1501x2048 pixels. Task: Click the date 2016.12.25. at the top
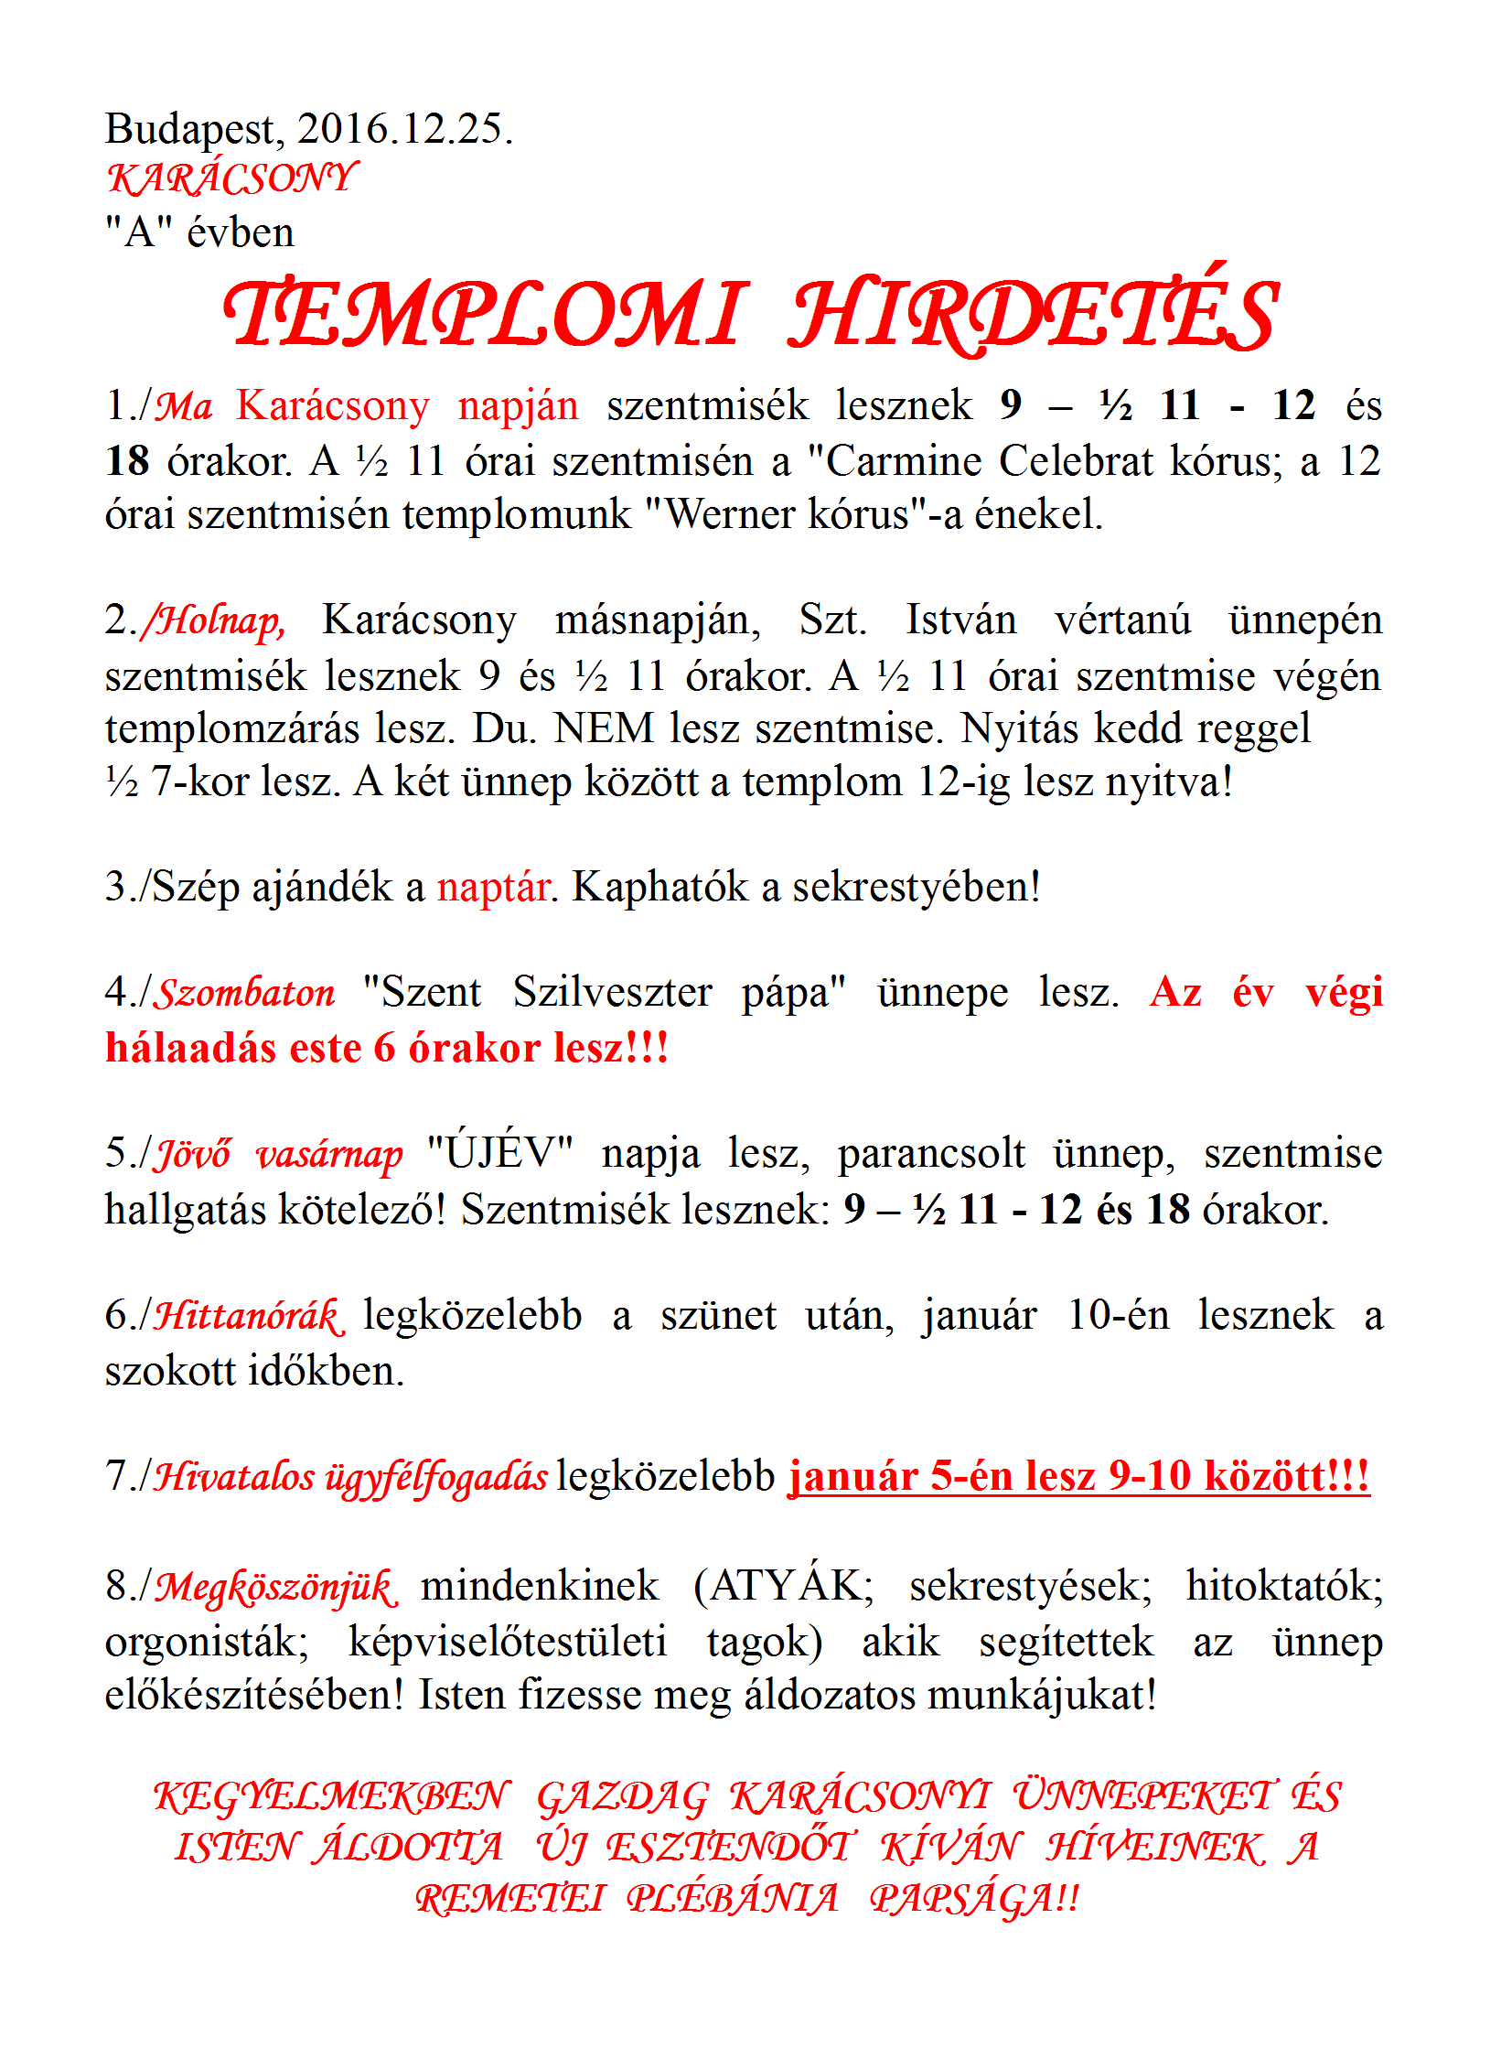click(x=404, y=129)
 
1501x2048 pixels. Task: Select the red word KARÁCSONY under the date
click(x=232, y=178)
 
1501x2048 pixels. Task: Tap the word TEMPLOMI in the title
click(x=486, y=315)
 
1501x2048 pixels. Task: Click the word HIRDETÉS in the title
click(x=1033, y=315)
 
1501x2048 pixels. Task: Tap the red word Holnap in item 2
click(x=220, y=621)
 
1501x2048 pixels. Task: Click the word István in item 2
click(x=960, y=620)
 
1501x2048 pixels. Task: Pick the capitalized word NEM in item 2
click(x=605, y=729)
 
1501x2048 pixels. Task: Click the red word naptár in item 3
click(x=494, y=888)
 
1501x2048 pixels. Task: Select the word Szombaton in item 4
click(x=246, y=994)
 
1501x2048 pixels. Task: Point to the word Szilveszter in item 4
click(x=612, y=993)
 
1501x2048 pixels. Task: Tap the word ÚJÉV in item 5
click(x=499, y=1153)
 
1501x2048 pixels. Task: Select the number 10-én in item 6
click(x=1118, y=1316)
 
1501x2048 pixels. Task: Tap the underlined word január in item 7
click(x=853, y=1477)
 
